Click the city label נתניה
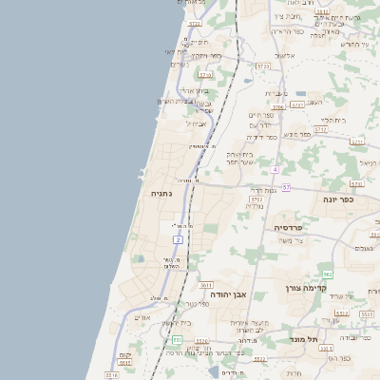click(161, 192)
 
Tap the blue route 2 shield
click(178, 239)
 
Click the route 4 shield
click(275, 169)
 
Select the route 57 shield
click(286, 187)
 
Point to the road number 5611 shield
click(206, 284)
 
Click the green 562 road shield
click(327, 274)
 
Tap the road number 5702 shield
click(256, 199)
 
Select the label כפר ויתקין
click(205, 55)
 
